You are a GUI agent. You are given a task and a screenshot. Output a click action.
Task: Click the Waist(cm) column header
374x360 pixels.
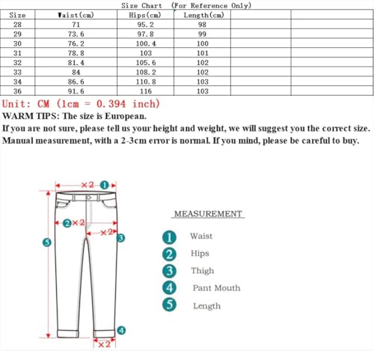point(76,15)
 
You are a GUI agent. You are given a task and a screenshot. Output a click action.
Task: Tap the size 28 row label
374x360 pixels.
point(17,24)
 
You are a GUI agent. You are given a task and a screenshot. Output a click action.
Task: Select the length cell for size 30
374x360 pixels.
point(202,43)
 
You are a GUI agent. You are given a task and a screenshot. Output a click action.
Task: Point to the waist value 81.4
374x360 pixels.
point(76,62)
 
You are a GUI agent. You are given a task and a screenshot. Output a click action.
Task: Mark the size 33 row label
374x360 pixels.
point(17,72)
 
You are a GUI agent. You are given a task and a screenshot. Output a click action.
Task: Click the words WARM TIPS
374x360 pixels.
point(31,116)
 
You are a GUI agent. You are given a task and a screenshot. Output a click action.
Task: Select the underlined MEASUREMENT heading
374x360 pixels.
point(208,214)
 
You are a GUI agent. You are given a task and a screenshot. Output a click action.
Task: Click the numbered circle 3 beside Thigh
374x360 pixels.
point(170,271)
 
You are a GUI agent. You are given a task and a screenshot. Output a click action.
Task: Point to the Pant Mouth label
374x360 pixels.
point(216,288)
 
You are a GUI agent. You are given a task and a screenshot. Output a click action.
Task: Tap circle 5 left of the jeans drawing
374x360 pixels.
point(46,242)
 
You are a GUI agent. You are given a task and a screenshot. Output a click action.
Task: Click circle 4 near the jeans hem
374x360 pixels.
point(122,330)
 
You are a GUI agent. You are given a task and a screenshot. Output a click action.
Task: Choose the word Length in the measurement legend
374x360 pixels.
point(206,306)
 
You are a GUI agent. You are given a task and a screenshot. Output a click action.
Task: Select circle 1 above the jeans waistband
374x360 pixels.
point(105,184)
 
